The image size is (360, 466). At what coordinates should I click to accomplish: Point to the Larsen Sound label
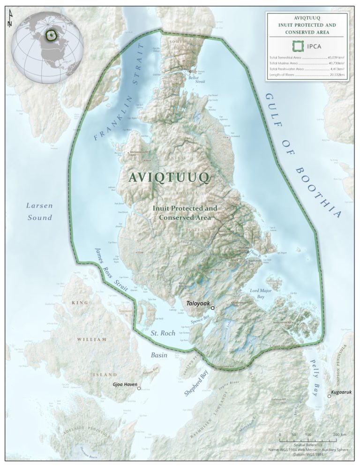39,211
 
